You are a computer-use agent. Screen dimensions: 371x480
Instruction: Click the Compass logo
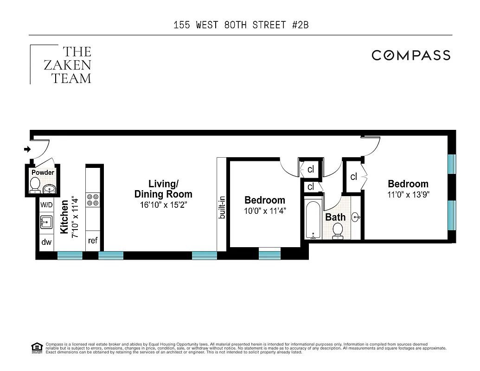[x=411, y=56]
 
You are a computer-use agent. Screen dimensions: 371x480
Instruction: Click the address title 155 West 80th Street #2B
[x=241, y=25]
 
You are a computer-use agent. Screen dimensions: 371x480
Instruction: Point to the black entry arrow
[x=27, y=149]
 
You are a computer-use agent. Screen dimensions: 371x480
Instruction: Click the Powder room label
[x=43, y=173]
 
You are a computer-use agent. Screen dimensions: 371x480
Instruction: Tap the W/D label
[x=46, y=205]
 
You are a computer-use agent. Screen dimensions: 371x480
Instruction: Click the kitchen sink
[x=46, y=223]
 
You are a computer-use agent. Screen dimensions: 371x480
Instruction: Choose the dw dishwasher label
[x=46, y=242]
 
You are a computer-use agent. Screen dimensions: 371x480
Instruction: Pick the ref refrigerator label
[x=93, y=241]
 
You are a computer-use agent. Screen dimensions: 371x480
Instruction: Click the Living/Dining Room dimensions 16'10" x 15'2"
[x=163, y=205]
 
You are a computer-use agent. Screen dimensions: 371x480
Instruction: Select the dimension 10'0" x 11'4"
[x=265, y=211]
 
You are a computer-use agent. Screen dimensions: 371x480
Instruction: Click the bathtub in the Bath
[x=314, y=220]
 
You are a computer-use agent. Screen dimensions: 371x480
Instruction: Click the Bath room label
[x=335, y=217]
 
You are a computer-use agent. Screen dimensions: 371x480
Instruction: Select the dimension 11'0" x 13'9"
[x=408, y=195]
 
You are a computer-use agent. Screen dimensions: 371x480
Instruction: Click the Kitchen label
[x=64, y=217]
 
